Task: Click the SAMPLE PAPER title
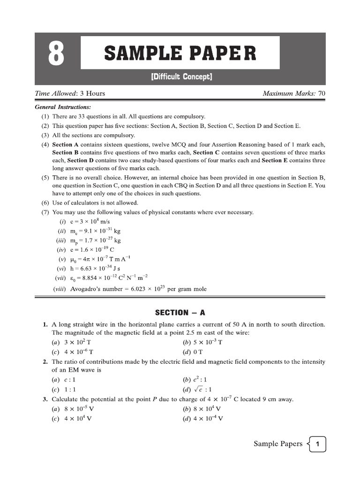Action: tap(180, 53)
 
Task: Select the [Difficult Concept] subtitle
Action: tap(181, 76)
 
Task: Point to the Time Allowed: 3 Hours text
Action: tap(70, 93)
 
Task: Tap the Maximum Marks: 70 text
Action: tap(293, 93)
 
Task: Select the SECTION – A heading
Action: tap(180, 313)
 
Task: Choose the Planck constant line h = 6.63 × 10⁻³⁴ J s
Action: tap(97, 269)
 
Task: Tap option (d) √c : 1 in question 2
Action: tap(197, 389)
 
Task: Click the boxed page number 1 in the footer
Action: tap(317, 444)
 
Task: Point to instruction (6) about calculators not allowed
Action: tap(89, 203)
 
